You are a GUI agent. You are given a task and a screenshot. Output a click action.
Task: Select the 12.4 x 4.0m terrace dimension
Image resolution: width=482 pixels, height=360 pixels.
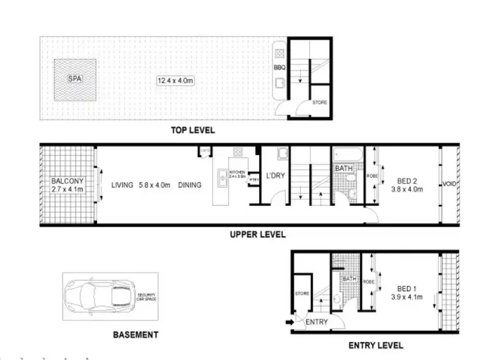tap(175, 80)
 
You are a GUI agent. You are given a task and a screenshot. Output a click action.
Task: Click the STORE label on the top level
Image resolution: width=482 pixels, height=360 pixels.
tap(319, 102)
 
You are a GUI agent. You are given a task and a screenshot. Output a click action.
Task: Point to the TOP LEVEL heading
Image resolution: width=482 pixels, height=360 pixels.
tap(192, 130)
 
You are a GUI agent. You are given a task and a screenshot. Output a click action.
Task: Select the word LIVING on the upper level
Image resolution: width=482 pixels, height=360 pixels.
tap(121, 185)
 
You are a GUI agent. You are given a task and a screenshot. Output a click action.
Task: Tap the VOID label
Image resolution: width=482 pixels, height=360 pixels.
tap(449, 185)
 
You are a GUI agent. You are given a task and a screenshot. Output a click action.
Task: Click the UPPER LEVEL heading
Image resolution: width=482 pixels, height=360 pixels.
tap(257, 235)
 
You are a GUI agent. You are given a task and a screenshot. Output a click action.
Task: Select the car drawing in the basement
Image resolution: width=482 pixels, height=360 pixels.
tap(100, 296)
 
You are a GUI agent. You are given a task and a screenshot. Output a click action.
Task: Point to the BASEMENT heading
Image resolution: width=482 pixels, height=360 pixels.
tap(135, 335)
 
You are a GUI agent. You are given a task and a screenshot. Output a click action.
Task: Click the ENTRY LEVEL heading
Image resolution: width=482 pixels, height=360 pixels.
tap(375, 345)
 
